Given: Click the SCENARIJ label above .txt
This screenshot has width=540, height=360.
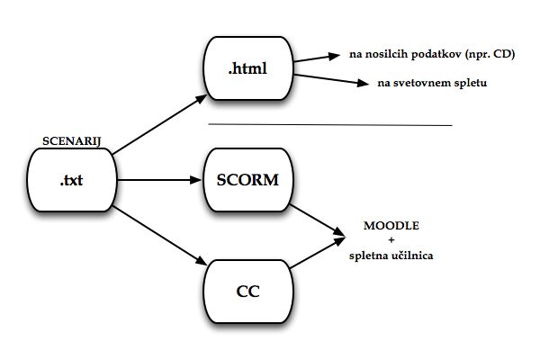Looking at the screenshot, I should (x=69, y=142).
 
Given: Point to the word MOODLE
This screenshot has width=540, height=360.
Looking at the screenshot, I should (x=391, y=224).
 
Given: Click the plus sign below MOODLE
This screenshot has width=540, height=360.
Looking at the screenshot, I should (x=391, y=240).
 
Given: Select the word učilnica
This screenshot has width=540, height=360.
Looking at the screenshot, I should (x=410, y=256).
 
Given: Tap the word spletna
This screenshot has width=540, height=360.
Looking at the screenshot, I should (x=369, y=256).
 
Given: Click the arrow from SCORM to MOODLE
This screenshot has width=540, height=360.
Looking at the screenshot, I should (x=317, y=218).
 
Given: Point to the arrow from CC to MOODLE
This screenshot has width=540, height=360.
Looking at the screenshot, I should (x=317, y=254).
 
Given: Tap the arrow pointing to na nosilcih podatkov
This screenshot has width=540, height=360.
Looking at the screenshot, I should (x=318, y=58).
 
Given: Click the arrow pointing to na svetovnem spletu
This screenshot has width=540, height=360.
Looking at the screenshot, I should (x=333, y=81).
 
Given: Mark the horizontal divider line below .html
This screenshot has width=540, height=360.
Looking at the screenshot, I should (x=328, y=124).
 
